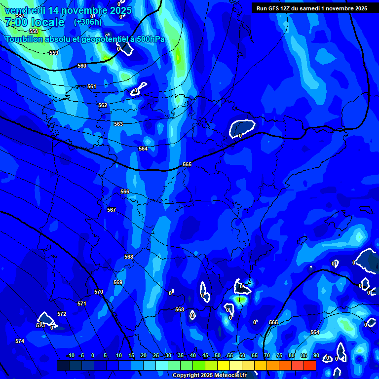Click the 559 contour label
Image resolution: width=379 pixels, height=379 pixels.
click(54, 53)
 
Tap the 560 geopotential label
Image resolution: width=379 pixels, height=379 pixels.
click(82, 66)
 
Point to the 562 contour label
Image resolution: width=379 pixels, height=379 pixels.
click(103, 105)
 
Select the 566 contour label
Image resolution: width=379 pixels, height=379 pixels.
click(125, 191)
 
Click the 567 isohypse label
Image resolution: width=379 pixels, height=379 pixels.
click(112, 210)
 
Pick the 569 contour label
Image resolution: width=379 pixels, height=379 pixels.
click(118, 282)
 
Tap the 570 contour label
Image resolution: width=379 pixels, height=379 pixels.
click(99, 292)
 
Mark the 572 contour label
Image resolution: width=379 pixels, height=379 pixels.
click(62, 314)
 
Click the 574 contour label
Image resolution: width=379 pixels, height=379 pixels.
click(19, 341)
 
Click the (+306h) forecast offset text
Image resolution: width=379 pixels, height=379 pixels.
click(88, 22)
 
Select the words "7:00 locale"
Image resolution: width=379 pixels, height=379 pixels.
click(35, 22)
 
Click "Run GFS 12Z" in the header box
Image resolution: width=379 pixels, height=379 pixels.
click(273, 8)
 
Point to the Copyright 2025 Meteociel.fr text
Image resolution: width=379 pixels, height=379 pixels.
click(209, 375)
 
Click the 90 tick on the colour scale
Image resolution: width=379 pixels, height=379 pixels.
click(316, 355)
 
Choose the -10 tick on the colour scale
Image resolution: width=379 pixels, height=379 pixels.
click(70, 355)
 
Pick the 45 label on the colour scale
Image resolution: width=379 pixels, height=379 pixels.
click(205, 355)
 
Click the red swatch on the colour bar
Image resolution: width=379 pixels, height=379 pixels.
click(309, 365)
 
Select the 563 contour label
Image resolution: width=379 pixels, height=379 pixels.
click(118, 124)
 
